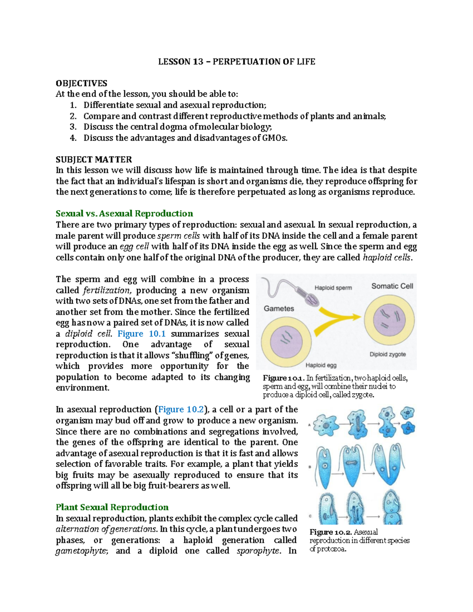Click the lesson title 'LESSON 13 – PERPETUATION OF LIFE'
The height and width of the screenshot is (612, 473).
click(236, 62)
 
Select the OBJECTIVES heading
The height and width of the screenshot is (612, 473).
click(81, 83)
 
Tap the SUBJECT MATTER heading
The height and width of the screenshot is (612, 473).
click(93, 160)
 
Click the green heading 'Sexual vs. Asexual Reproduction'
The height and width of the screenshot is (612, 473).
click(124, 214)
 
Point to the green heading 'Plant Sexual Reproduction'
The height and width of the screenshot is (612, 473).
click(112, 507)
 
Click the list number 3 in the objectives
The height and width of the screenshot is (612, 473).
click(73, 127)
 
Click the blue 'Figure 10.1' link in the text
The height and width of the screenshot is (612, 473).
click(142, 334)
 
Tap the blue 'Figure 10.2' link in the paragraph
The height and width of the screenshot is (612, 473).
click(181, 409)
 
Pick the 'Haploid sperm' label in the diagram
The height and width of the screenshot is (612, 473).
click(333, 288)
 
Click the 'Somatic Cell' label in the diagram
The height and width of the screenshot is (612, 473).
click(392, 286)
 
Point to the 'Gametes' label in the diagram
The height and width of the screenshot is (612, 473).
click(279, 309)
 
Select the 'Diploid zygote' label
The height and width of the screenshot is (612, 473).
click(387, 354)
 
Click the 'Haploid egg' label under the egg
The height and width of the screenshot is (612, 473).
click(321, 365)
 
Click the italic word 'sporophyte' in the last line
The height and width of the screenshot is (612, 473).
click(258, 551)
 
